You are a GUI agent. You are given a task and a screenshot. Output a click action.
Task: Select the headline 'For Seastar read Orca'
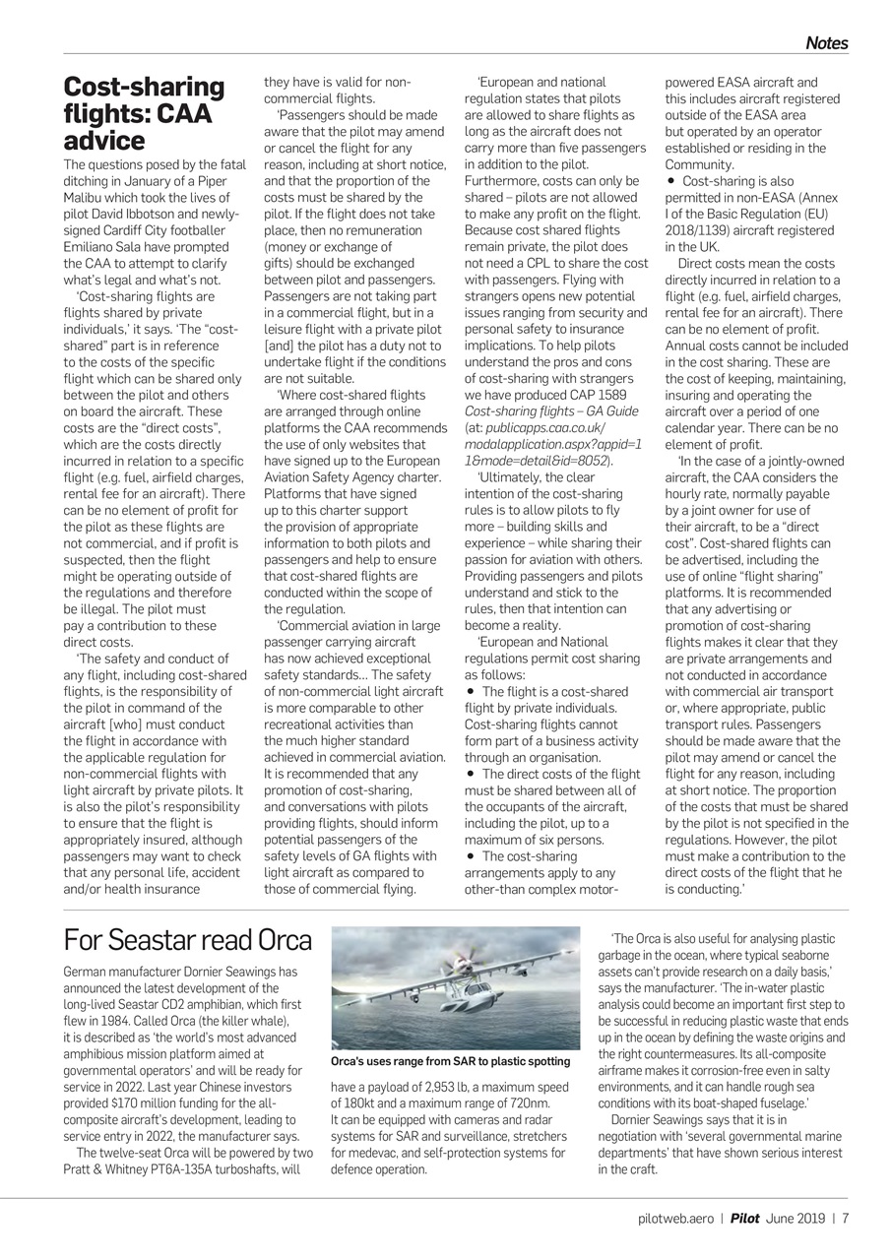click(x=187, y=941)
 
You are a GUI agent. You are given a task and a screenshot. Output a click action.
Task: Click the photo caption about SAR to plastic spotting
click(x=450, y=1062)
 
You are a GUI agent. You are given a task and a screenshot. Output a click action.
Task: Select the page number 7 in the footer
click(x=845, y=1218)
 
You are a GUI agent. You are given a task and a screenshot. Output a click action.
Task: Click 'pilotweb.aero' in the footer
click(x=673, y=1218)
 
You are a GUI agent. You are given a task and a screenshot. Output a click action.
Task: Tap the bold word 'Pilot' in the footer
click(x=744, y=1218)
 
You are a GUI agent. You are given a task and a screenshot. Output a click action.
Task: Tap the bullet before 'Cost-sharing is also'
click(x=671, y=182)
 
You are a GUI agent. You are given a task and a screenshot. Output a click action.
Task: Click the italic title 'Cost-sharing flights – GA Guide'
click(x=551, y=411)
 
